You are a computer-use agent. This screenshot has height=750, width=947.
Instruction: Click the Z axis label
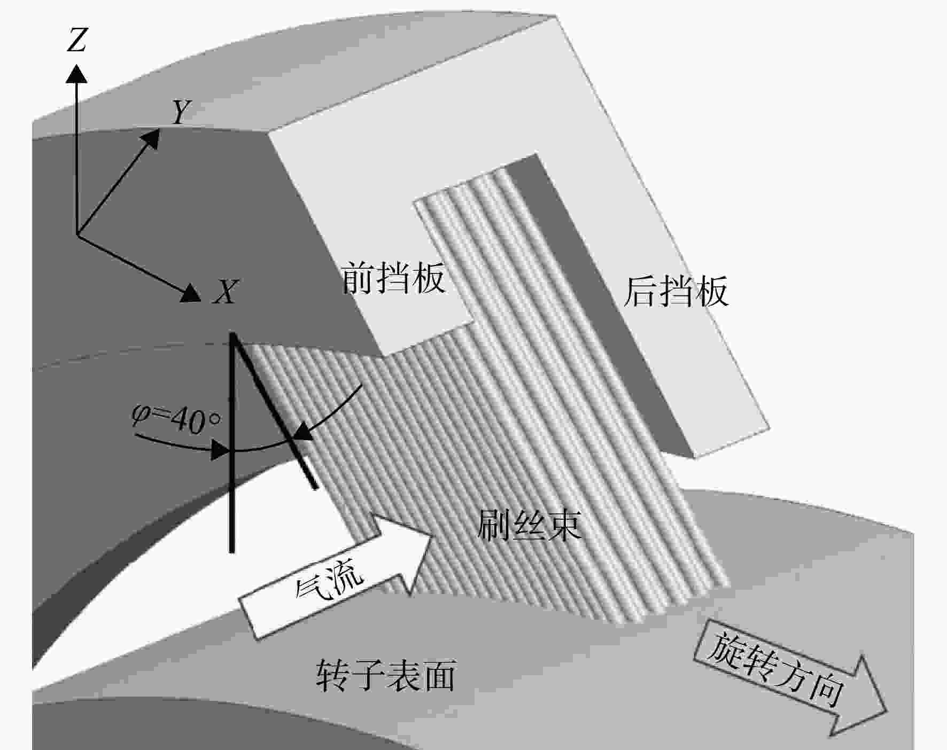[76, 40]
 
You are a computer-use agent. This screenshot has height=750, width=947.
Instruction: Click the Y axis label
[181, 112]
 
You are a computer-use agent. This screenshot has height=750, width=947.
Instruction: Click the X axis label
[225, 292]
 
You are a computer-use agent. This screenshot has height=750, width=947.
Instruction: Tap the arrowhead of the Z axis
[76, 73]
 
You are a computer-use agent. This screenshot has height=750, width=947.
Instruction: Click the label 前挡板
[393, 278]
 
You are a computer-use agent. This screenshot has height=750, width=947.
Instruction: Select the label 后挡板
[676, 291]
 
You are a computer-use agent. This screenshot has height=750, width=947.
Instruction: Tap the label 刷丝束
[529, 525]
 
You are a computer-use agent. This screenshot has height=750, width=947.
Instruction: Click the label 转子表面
[386, 675]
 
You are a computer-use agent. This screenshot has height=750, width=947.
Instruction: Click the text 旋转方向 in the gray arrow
[776, 669]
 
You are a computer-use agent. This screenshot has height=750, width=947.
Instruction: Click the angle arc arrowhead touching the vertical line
[221, 450]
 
